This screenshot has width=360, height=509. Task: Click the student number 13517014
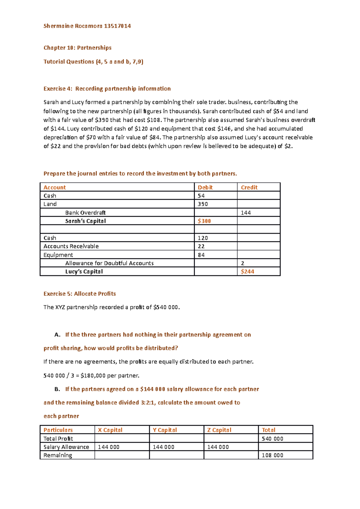117,26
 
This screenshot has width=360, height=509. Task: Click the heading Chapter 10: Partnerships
77,48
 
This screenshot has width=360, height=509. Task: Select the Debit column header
205,187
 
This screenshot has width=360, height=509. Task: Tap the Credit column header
249,187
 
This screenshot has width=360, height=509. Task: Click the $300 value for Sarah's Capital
204,221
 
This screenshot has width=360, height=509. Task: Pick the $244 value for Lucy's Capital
247,272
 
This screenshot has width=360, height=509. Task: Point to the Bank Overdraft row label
85,213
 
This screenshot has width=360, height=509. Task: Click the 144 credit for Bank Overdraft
246,213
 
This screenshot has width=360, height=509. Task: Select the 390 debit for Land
203,204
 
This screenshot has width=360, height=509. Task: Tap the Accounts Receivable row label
71,246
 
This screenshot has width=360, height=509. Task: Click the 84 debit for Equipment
201,255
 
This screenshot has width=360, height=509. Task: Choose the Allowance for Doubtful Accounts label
109,263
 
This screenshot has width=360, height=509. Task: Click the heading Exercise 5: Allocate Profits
79,294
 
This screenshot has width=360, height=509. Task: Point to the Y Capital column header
165,430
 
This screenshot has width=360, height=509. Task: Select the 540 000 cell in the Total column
272,439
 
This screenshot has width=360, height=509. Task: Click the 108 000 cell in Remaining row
272,455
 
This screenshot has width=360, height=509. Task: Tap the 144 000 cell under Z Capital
218,447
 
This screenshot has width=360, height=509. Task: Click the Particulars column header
58,430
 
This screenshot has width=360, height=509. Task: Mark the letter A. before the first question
58,335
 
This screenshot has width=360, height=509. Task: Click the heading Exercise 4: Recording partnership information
107,89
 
